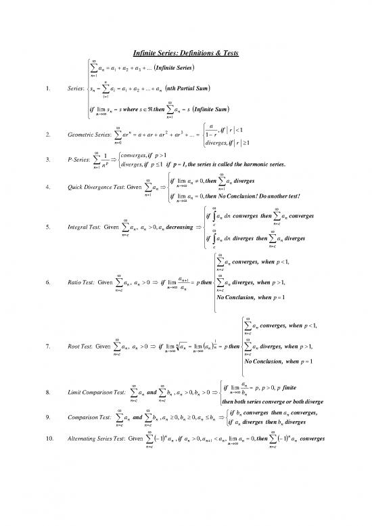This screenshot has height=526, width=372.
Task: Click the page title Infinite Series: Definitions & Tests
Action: [x=185, y=53]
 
